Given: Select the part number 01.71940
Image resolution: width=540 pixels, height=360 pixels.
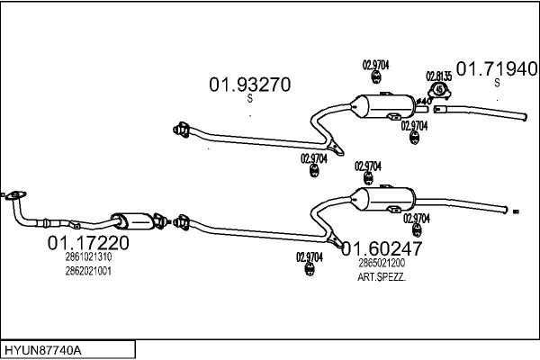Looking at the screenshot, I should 498,67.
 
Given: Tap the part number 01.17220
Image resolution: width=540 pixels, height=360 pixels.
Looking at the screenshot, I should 87,243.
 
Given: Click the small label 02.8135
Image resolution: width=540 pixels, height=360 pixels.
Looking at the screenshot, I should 438,76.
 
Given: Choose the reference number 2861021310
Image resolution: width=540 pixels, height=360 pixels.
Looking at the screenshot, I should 88,257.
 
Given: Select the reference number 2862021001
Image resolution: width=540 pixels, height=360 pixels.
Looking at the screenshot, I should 88,271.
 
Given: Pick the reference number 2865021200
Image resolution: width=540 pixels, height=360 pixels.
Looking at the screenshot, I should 381,263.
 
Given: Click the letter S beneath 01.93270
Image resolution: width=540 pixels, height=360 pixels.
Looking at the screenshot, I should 249,100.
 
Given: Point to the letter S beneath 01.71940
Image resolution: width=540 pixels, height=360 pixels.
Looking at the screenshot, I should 497,82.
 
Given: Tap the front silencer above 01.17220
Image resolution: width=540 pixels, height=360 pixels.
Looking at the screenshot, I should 131,220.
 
